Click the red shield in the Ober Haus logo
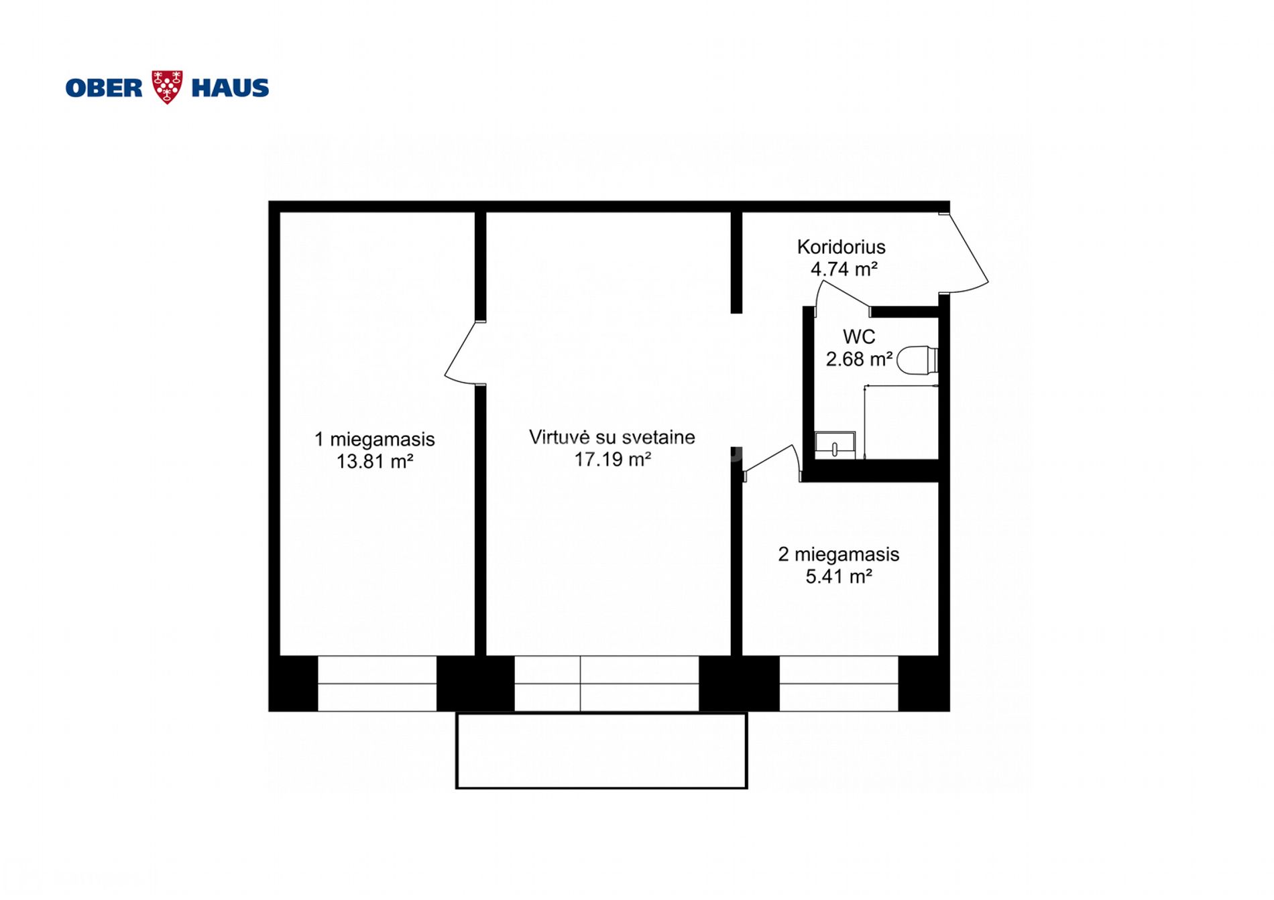pyautogui.click(x=167, y=87)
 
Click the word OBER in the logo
pyautogui.click(x=104, y=88)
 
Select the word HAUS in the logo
pyautogui.click(x=230, y=88)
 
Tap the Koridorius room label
pyautogui.click(x=841, y=247)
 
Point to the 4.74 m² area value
pyautogui.click(x=844, y=269)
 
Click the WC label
pyautogui.click(x=859, y=336)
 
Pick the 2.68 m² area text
pyautogui.click(x=859, y=359)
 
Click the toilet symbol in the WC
pyautogui.click(x=917, y=361)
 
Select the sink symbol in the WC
pyautogui.click(x=835, y=445)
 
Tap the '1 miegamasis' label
pyautogui.click(x=375, y=440)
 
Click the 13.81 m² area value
pyautogui.click(x=375, y=462)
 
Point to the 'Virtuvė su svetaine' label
pyautogui.click(x=612, y=438)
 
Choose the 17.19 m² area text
pyautogui.click(x=613, y=460)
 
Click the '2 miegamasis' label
pyautogui.click(x=839, y=555)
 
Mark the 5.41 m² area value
pyautogui.click(x=839, y=577)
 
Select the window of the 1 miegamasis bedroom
pyautogui.click(x=377, y=684)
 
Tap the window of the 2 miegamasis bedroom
pyautogui.click(x=839, y=684)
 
